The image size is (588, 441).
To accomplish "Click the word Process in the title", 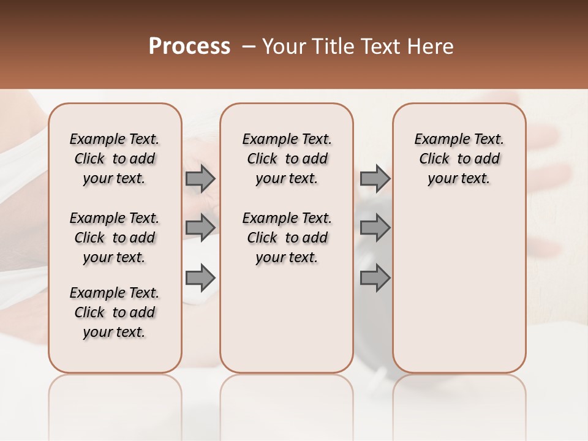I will point(189,47).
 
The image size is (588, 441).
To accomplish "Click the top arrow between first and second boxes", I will point(200,179).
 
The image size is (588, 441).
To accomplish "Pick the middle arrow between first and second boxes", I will point(200,228).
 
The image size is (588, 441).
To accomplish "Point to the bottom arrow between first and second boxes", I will point(200,278).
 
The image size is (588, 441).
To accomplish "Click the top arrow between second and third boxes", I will point(375,179).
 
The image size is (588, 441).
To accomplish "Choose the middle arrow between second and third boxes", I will point(375,228).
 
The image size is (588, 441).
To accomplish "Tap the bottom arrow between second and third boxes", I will point(375,278).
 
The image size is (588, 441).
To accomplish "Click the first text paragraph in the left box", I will point(115,159).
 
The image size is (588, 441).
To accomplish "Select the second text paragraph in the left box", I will point(115,238).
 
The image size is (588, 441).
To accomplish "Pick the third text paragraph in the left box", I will point(115,312).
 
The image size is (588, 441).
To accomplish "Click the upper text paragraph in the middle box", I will point(287,159).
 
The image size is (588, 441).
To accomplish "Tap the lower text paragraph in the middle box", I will point(287,238).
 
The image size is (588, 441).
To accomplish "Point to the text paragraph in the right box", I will point(459,159).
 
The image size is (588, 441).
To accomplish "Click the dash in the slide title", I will point(248,47).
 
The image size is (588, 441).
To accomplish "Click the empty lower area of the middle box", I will point(287,325).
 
